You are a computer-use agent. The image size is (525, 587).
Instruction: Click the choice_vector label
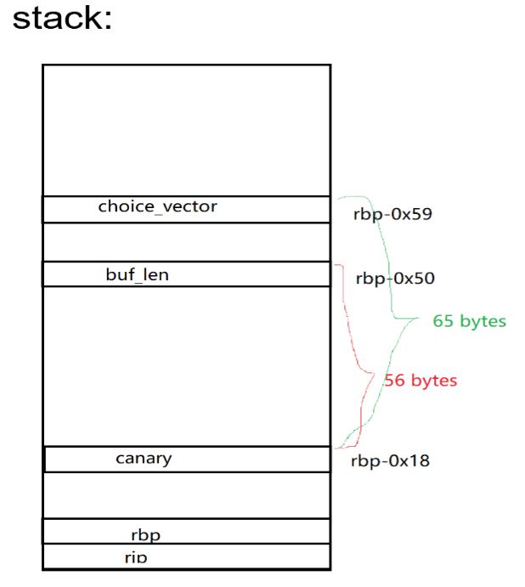click(157, 206)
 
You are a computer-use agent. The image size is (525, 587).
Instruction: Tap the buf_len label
click(137, 274)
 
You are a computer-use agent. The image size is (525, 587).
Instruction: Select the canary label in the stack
click(144, 459)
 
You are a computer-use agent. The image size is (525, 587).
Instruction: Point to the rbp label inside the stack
click(146, 534)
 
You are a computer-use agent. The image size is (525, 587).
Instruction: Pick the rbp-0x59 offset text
click(392, 213)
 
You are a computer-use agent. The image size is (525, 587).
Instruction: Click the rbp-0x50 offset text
click(396, 278)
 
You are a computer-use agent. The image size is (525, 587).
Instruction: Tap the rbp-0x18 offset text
click(390, 461)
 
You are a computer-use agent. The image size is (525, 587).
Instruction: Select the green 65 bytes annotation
click(469, 321)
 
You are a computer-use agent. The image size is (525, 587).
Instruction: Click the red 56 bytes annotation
click(421, 380)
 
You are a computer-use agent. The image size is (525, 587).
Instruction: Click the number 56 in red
click(395, 380)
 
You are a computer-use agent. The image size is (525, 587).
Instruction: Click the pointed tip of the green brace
click(418, 319)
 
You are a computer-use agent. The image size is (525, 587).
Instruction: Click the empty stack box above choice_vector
click(186, 130)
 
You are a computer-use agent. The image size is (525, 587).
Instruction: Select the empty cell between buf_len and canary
click(186, 366)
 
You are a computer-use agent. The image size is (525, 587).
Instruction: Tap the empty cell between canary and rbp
click(186, 494)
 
